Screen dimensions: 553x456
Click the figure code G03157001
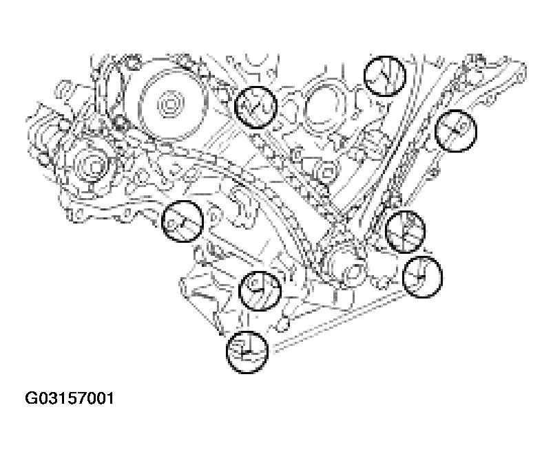click(70, 398)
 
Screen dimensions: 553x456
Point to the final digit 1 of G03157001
click(110, 398)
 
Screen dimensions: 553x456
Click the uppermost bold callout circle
click(384, 76)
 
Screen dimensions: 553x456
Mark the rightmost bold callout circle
click(456, 131)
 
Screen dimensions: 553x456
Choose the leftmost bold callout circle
click(182, 221)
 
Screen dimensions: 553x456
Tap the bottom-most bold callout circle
click(247, 351)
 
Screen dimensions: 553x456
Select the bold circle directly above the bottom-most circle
click(260, 290)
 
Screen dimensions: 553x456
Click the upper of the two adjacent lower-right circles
click(405, 231)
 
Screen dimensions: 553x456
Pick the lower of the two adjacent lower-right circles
click(421, 276)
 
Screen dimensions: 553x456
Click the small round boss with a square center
click(328, 172)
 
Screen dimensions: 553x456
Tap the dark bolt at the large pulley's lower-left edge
click(121, 121)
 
